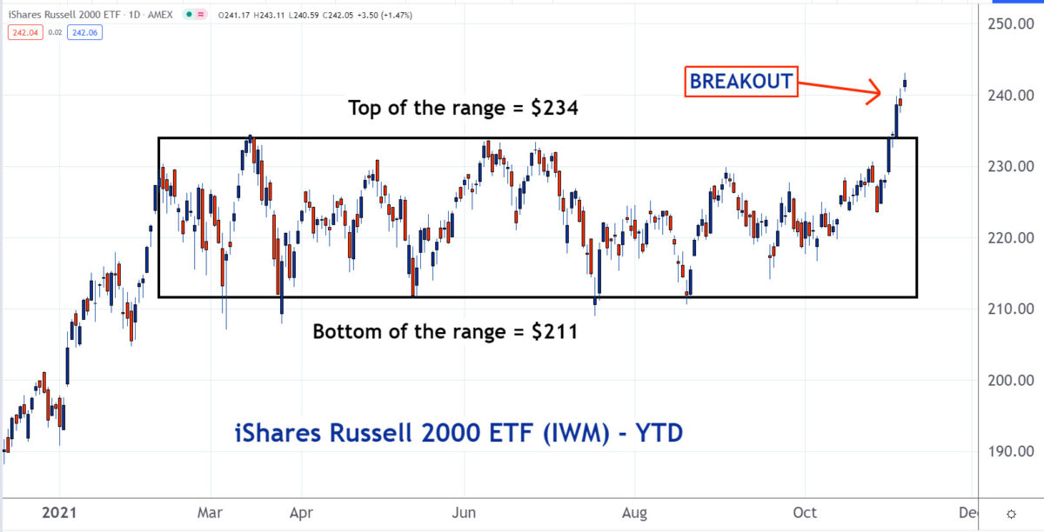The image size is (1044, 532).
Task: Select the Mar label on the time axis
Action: coord(210,513)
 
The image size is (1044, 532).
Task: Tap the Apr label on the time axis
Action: coord(301,513)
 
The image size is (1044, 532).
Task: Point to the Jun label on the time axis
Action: coord(465,513)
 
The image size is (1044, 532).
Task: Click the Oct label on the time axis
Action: coord(805,513)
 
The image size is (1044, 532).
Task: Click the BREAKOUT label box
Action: coord(740,82)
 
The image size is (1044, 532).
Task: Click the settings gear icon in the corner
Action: coord(1011,513)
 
